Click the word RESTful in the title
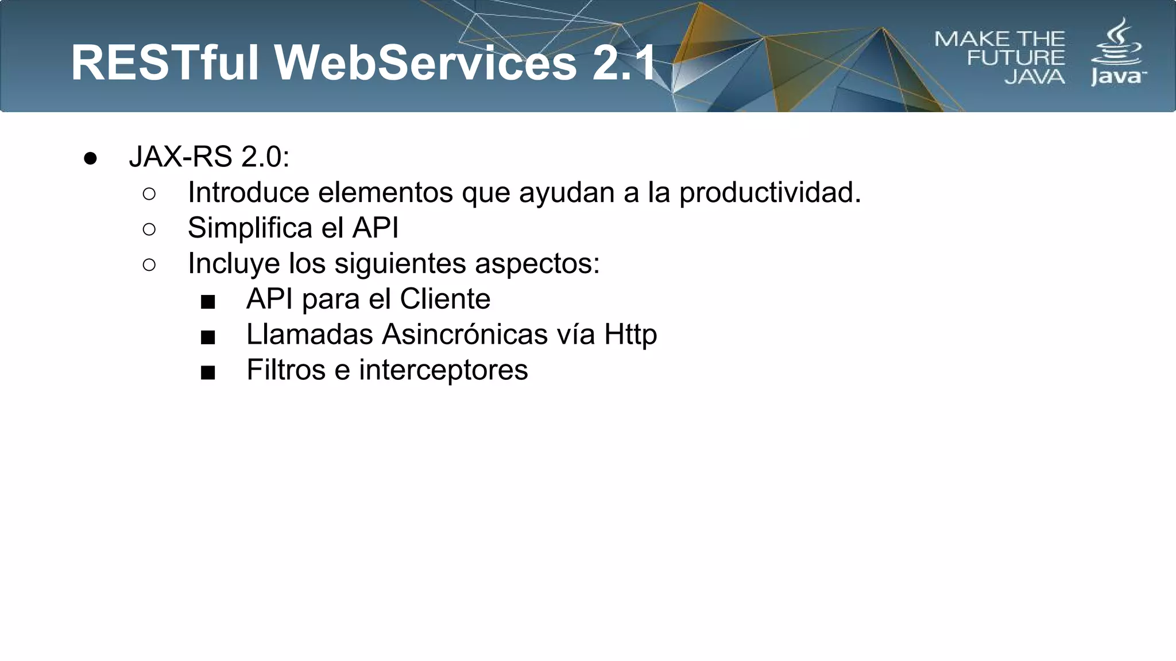165,63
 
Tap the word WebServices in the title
425,63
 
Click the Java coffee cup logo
1117,43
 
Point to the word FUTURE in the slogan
1016,58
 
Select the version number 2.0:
265,157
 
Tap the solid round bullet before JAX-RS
90,158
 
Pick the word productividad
770,193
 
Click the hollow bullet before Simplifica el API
149,230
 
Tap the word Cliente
445,299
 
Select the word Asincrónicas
465,334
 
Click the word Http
630,335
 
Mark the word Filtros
286,370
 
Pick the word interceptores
443,370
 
